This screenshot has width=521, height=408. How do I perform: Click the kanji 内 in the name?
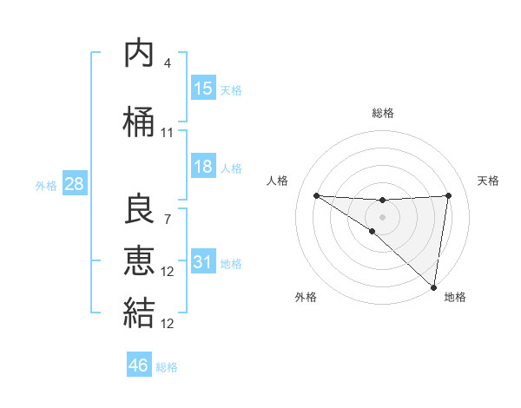pyautogui.click(x=139, y=55)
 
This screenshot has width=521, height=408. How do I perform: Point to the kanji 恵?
pyautogui.click(x=139, y=260)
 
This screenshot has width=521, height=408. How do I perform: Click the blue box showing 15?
pyautogui.click(x=203, y=88)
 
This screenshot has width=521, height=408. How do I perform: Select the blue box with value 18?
pyautogui.click(x=203, y=167)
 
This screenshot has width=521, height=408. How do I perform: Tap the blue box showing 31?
pyautogui.click(x=203, y=262)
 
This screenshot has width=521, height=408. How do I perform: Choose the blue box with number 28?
pyautogui.click(x=74, y=184)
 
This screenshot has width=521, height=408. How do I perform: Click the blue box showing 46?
pyautogui.click(x=139, y=365)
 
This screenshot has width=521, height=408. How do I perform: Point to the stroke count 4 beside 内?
pyautogui.click(x=168, y=63)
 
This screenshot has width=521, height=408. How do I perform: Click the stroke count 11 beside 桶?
pyautogui.click(x=168, y=133)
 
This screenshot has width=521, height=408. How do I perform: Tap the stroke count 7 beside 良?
pyautogui.click(x=168, y=218)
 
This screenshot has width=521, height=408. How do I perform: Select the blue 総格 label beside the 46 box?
pyautogui.click(x=168, y=367)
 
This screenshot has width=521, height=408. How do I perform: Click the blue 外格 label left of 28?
pyautogui.click(x=45, y=186)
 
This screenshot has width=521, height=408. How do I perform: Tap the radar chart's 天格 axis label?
pyautogui.click(x=488, y=181)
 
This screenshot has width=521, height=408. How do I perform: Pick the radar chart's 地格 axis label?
pyautogui.click(x=455, y=297)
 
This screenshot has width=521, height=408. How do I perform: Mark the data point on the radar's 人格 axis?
pyautogui.click(x=316, y=195)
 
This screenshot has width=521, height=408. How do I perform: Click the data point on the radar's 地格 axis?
pyautogui.click(x=434, y=287)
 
